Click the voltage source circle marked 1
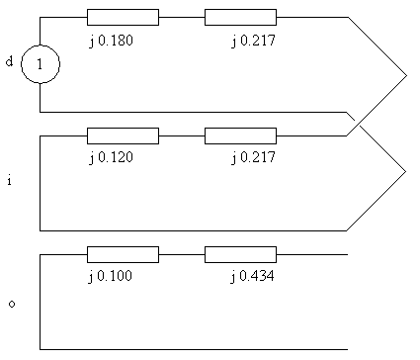[x=41, y=45]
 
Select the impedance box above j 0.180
[x=123, y=17]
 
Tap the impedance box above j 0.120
[x=123, y=135]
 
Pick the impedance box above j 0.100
[x=123, y=254]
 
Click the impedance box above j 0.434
[x=240, y=254]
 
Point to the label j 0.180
[x=111, y=41]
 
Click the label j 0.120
[x=111, y=157]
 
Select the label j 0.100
[x=111, y=276]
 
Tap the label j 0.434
[x=252, y=276]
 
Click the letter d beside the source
[x=10, y=61]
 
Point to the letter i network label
[x=10, y=180]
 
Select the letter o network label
[x=12, y=304]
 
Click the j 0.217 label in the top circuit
[x=253, y=41]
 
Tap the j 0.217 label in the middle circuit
[x=253, y=157]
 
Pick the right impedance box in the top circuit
[x=240, y=17]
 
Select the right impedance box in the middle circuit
[x=240, y=135]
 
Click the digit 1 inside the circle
[x=40, y=64]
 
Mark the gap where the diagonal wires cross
[x=358, y=123]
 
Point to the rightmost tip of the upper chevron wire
[x=407, y=75]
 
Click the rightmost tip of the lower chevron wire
[x=406, y=171]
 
